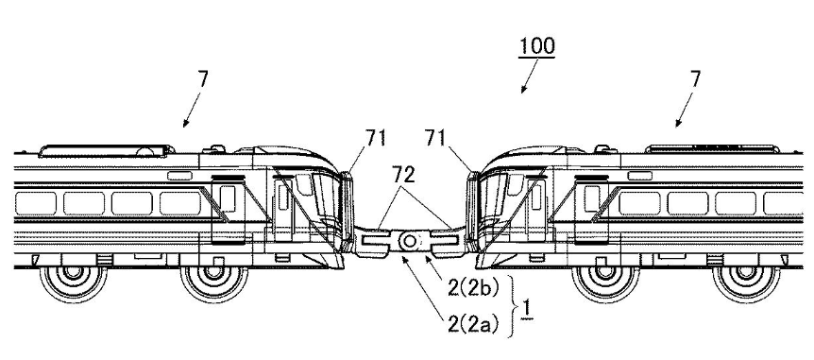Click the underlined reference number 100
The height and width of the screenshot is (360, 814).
click(x=536, y=45)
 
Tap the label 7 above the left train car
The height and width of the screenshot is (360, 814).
click(x=202, y=80)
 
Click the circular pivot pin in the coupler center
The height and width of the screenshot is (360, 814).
click(x=409, y=243)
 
